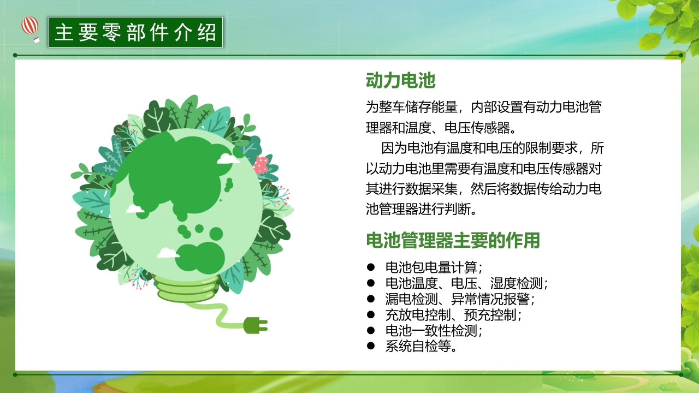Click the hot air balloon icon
(x=31, y=28)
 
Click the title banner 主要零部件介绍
(x=135, y=32)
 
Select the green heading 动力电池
(x=400, y=81)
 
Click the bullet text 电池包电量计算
(x=434, y=267)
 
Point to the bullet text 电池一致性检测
(x=434, y=331)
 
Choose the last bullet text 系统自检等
(x=421, y=346)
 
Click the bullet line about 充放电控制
(x=453, y=315)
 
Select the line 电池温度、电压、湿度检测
(x=466, y=283)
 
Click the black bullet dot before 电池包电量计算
(x=371, y=267)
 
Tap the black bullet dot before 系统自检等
(x=371, y=346)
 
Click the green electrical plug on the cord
(x=255, y=325)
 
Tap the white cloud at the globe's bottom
(x=168, y=253)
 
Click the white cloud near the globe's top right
(x=228, y=159)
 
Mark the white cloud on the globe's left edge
(x=135, y=209)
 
